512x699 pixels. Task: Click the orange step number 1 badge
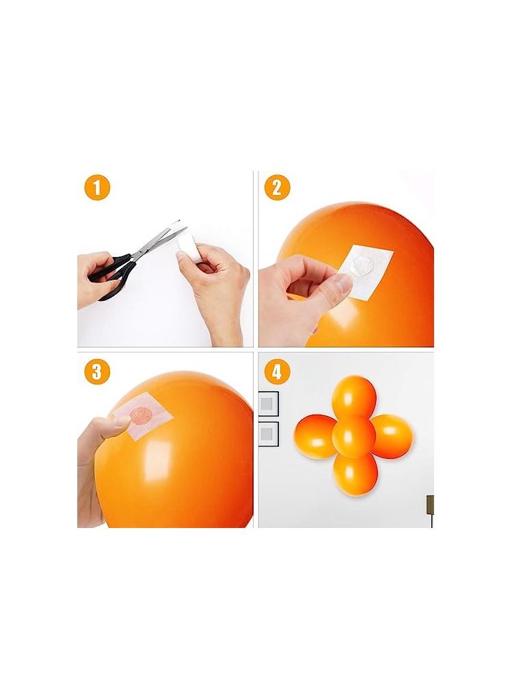(x=96, y=187)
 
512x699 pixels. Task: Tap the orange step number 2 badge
(x=277, y=187)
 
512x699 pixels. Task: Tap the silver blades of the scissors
(x=158, y=241)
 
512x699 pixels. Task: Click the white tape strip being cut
(x=187, y=246)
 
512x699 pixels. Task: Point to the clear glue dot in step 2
(x=361, y=267)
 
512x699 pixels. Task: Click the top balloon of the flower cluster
(x=354, y=395)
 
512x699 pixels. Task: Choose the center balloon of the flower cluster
(x=354, y=436)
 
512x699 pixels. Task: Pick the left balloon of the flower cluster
(x=314, y=436)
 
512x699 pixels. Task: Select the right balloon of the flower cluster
(x=392, y=436)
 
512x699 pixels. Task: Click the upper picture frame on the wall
(x=268, y=404)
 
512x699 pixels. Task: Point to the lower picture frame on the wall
(x=268, y=434)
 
